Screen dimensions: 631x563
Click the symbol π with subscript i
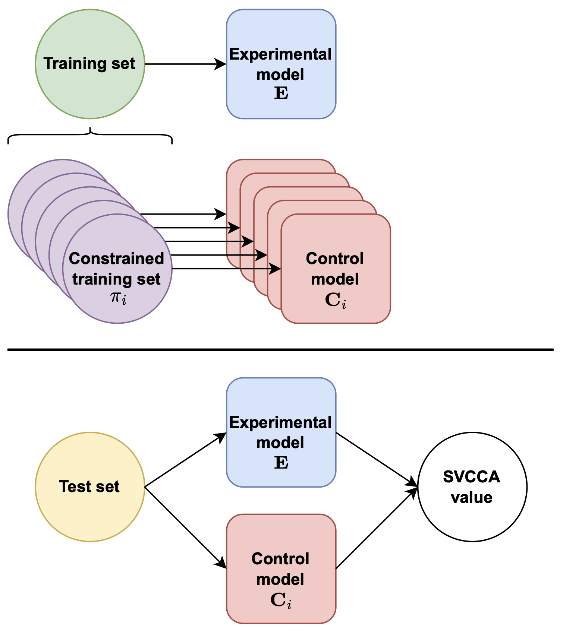point(118,298)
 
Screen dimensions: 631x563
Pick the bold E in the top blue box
point(281,93)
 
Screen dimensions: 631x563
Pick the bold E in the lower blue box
point(281,463)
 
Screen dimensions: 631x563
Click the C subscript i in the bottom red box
point(280,600)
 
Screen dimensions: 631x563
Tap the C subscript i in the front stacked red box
point(335,300)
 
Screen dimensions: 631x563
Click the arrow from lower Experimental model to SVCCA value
point(377,459)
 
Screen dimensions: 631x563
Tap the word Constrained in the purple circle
point(116,259)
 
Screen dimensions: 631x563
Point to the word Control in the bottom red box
point(280,559)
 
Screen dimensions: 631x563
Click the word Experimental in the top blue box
point(280,54)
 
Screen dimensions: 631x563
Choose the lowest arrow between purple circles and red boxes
point(224,269)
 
